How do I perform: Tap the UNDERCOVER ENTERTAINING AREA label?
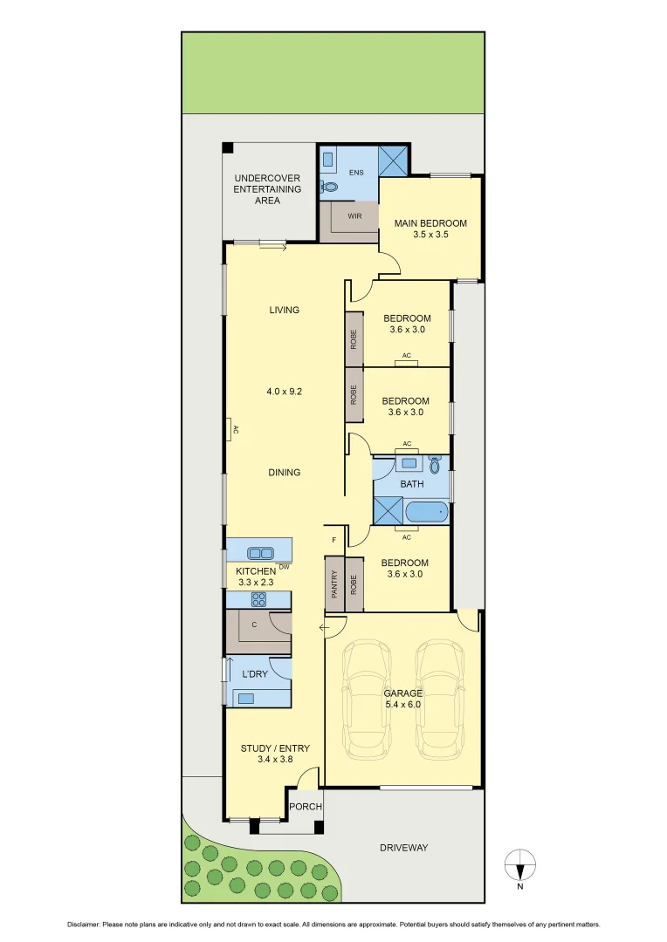pyautogui.click(x=267, y=189)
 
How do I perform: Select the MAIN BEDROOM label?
pyautogui.click(x=430, y=223)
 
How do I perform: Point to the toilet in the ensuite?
pyautogui.click(x=330, y=187)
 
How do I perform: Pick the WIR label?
pyautogui.click(x=355, y=215)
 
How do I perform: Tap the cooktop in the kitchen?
pyautogui.click(x=258, y=599)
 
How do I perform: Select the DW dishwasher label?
pyautogui.click(x=285, y=566)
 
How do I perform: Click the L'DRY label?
pyautogui.click(x=255, y=674)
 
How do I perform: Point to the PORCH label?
pyautogui.click(x=306, y=807)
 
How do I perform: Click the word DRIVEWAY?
pyautogui.click(x=404, y=847)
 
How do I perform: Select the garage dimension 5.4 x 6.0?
pyautogui.click(x=402, y=705)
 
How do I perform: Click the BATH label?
pyautogui.click(x=412, y=483)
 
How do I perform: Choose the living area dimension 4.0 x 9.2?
pyautogui.click(x=284, y=392)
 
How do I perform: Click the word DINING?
pyautogui.click(x=284, y=472)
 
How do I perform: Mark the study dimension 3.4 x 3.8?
pyautogui.click(x=275, y=759)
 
